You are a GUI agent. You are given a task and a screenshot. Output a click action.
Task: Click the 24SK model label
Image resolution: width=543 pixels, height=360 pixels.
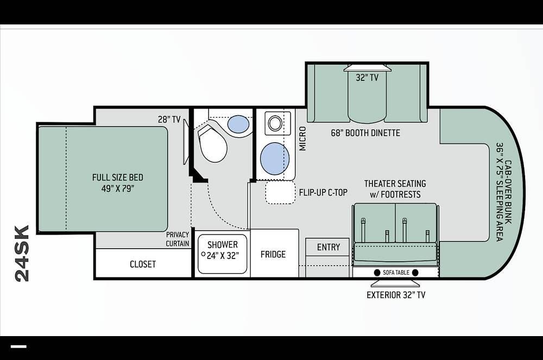[x=22, y=254]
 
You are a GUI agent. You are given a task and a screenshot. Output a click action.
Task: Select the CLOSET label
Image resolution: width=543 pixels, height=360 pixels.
[x=143, y=264]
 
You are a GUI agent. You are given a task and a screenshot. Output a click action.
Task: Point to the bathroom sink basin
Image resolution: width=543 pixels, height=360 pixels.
[x=238, y=124]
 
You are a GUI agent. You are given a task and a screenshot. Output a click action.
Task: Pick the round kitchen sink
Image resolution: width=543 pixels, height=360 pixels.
[x=275, y=159]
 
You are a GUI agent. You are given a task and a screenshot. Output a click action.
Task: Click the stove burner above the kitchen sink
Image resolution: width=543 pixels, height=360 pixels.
[x=275, y=123]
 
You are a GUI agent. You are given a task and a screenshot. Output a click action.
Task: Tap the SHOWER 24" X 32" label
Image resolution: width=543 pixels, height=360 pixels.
[x=223, y=250]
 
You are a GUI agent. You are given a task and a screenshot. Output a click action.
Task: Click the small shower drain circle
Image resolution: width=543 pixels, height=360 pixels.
[x=203, y=254]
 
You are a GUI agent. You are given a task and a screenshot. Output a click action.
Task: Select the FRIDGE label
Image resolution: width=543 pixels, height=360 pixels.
[x=273, y=255]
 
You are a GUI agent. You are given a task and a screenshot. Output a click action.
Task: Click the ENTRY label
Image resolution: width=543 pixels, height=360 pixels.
[x=329, y=247]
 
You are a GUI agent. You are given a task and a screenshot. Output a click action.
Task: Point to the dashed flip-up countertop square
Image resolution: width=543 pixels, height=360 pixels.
[x=281, y=192]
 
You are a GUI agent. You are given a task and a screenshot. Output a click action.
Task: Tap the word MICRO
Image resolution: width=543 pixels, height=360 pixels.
[x=302, y=138]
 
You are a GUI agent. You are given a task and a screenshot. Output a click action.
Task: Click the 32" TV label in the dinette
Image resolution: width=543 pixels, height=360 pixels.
[x=367, y=78]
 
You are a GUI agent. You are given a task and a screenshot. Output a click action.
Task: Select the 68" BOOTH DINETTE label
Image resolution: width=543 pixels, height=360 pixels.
[x=365, y=133]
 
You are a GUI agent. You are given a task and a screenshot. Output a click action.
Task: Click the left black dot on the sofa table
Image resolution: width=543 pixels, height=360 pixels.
[x=377, y=273]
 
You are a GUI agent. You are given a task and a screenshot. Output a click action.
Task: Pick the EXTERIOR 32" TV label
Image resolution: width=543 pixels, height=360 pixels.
[x=396, y=295]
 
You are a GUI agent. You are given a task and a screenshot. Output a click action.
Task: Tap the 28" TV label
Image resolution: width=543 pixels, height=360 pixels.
[x=169, y=119]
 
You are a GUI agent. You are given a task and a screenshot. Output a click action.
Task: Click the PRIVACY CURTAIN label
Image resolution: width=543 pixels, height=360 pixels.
[x=178, y=239]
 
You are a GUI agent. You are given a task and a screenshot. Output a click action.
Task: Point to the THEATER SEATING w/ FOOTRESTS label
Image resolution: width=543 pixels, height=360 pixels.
[x=395, y=189]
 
